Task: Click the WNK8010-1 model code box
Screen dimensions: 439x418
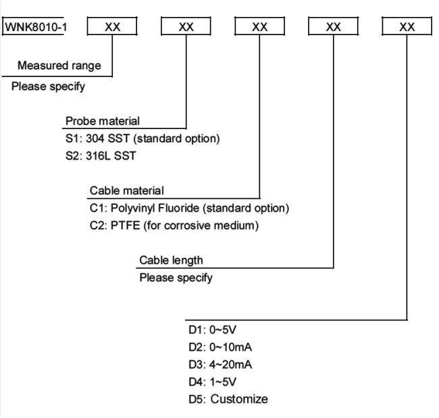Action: click(x=34, y=26)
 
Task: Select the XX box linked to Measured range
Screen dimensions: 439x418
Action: click(x=112, y=26)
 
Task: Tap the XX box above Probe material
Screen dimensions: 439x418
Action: click(x=186, y=26)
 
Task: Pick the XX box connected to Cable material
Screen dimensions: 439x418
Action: click(x=260, y=26)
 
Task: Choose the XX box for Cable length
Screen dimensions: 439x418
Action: click(x=333, y=26)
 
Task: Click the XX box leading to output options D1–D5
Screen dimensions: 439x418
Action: click(x=407, y=26)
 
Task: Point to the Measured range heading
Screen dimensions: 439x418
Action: click(x=59, y=66)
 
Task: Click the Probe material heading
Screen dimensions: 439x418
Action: click(x=103, y=121)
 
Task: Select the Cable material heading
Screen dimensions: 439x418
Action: click(x=127, y=191)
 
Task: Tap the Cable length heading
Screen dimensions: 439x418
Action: click(x=171, y=260)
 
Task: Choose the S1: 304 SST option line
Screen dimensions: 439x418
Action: click(x=143, y=139)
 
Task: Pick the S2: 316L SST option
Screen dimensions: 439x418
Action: click(x=101, y=156)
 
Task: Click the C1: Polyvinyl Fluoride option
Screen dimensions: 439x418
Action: click(x=190, y=208)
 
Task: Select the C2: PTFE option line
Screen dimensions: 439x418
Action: click(x=174, y=226)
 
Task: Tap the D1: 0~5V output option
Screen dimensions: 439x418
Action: click(x=212, y=329)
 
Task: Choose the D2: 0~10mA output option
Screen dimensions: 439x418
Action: click(x=220, y=348)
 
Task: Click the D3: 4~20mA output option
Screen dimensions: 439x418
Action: click(x=220, y=365)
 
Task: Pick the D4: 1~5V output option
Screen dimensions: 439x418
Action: click(x=212, y=382)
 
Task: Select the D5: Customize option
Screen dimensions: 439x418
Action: click(x=228, y=399)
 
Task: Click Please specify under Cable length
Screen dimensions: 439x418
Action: click(x=176, y=278)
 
